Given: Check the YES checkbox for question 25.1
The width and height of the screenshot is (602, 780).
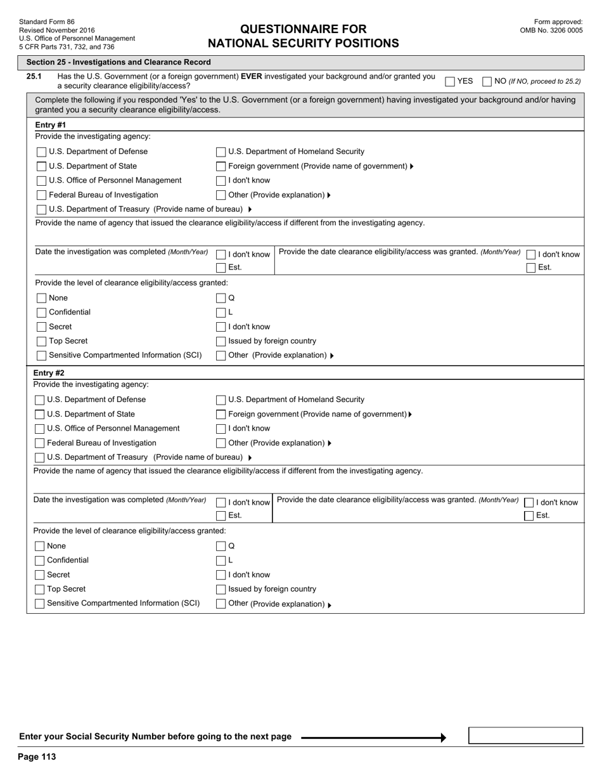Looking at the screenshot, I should click(x=450, y=82).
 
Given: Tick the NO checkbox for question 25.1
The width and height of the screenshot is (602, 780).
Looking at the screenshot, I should click(x=487, y=82).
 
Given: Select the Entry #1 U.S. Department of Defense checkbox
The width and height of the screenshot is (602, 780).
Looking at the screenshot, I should click(x=42, y=152).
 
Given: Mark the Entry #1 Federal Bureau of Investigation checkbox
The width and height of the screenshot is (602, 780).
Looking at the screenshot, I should click(x=42, y=195).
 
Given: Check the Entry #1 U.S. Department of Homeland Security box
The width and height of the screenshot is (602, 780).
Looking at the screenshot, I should click(x=221, y=152).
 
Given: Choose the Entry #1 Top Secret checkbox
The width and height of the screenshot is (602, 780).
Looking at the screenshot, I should click(x=42, y=342).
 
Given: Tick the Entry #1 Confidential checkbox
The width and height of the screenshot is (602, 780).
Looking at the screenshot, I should click(x=42, y=313).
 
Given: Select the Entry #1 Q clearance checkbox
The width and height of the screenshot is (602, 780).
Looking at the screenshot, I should click(x=221, y=298).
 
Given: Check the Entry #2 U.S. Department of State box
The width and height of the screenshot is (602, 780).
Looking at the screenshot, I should click(x=40, y=415).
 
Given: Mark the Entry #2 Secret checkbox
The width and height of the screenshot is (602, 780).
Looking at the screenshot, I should click(x=40, y=575).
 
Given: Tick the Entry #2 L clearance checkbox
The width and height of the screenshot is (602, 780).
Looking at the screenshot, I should click(x=221, y=561).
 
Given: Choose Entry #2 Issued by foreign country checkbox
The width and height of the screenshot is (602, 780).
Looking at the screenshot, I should click(x=221, y=590).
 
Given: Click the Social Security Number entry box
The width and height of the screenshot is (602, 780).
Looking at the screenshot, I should click(x=525, y=736).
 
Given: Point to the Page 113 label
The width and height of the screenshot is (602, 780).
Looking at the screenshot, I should click(x=37, y=757).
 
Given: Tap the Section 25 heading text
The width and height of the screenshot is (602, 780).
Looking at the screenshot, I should click(x=118, y=62).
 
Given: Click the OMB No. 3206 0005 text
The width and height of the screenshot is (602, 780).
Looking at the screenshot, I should click(x=551, y=30).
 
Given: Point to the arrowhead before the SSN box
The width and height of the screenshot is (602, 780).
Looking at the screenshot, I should click(x=444, y=738).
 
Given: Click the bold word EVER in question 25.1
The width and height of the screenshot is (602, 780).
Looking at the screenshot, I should click(x=252, y=77).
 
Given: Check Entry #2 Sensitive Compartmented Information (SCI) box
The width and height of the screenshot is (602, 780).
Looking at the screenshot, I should click(x=40, y=604).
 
